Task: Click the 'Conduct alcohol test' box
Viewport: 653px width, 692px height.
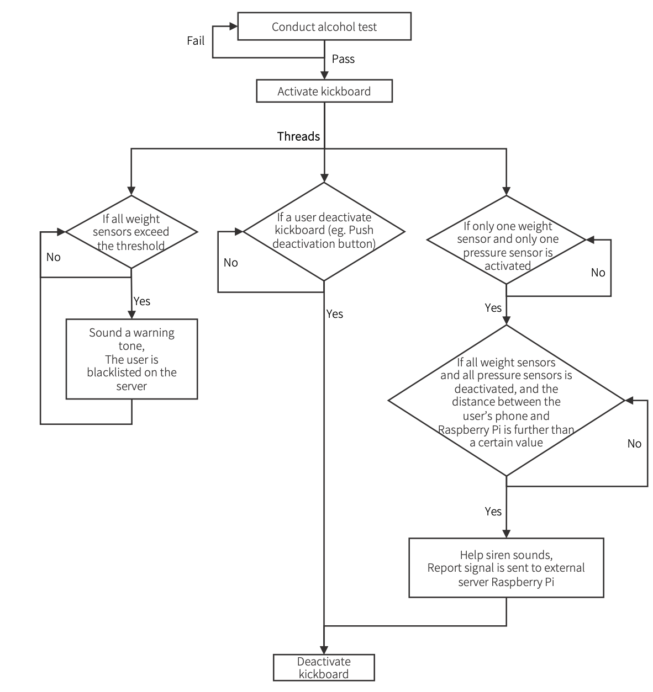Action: [x=324, y=27]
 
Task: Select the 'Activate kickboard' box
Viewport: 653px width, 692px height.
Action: [x=324, y=92]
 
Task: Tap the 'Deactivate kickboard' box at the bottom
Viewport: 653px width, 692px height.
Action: [x=324, y=668]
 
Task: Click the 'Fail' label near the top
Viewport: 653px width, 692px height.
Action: [x=196, y=41]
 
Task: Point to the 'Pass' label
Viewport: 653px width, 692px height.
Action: [x=343, y=59]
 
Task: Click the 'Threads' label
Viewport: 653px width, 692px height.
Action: [x=298, y=136]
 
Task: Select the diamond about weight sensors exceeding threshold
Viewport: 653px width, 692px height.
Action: [x=131, y=232]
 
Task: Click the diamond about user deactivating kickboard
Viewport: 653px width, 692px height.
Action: [x=324, y=231]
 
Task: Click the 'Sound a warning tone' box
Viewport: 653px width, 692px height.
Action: [x=131, y=359]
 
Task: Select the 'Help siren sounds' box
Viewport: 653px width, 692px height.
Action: [x=506, y=568]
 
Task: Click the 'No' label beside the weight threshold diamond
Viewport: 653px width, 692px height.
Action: [x=54, y=257]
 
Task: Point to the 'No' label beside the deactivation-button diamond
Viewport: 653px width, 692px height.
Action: [x=231, y=263]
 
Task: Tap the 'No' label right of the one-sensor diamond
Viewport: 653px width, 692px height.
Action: [x=598, y=273]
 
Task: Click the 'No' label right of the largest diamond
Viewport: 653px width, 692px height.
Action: [x=634, y=444]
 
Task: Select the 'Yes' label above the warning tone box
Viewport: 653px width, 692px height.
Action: [x=142, y=301]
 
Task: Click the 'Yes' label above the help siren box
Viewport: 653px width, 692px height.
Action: [x=493, y=512]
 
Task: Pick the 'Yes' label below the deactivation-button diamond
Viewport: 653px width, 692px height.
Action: [x=335, y=314]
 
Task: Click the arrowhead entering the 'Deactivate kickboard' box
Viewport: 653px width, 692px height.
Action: [x=324, y=650]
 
